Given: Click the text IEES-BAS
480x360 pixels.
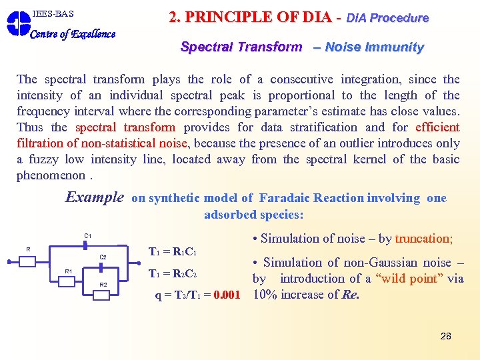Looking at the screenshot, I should (53, 13).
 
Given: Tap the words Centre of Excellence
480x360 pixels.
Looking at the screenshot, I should (73, 34).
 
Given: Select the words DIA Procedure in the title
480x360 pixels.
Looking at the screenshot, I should (387, 18).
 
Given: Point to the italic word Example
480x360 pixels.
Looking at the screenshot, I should (94, 197).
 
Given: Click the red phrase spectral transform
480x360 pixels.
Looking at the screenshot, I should (125, 127).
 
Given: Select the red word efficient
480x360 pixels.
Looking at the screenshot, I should (437, 127).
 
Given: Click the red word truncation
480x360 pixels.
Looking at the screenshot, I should (423, 239).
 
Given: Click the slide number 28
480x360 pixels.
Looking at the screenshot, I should (445, 336).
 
